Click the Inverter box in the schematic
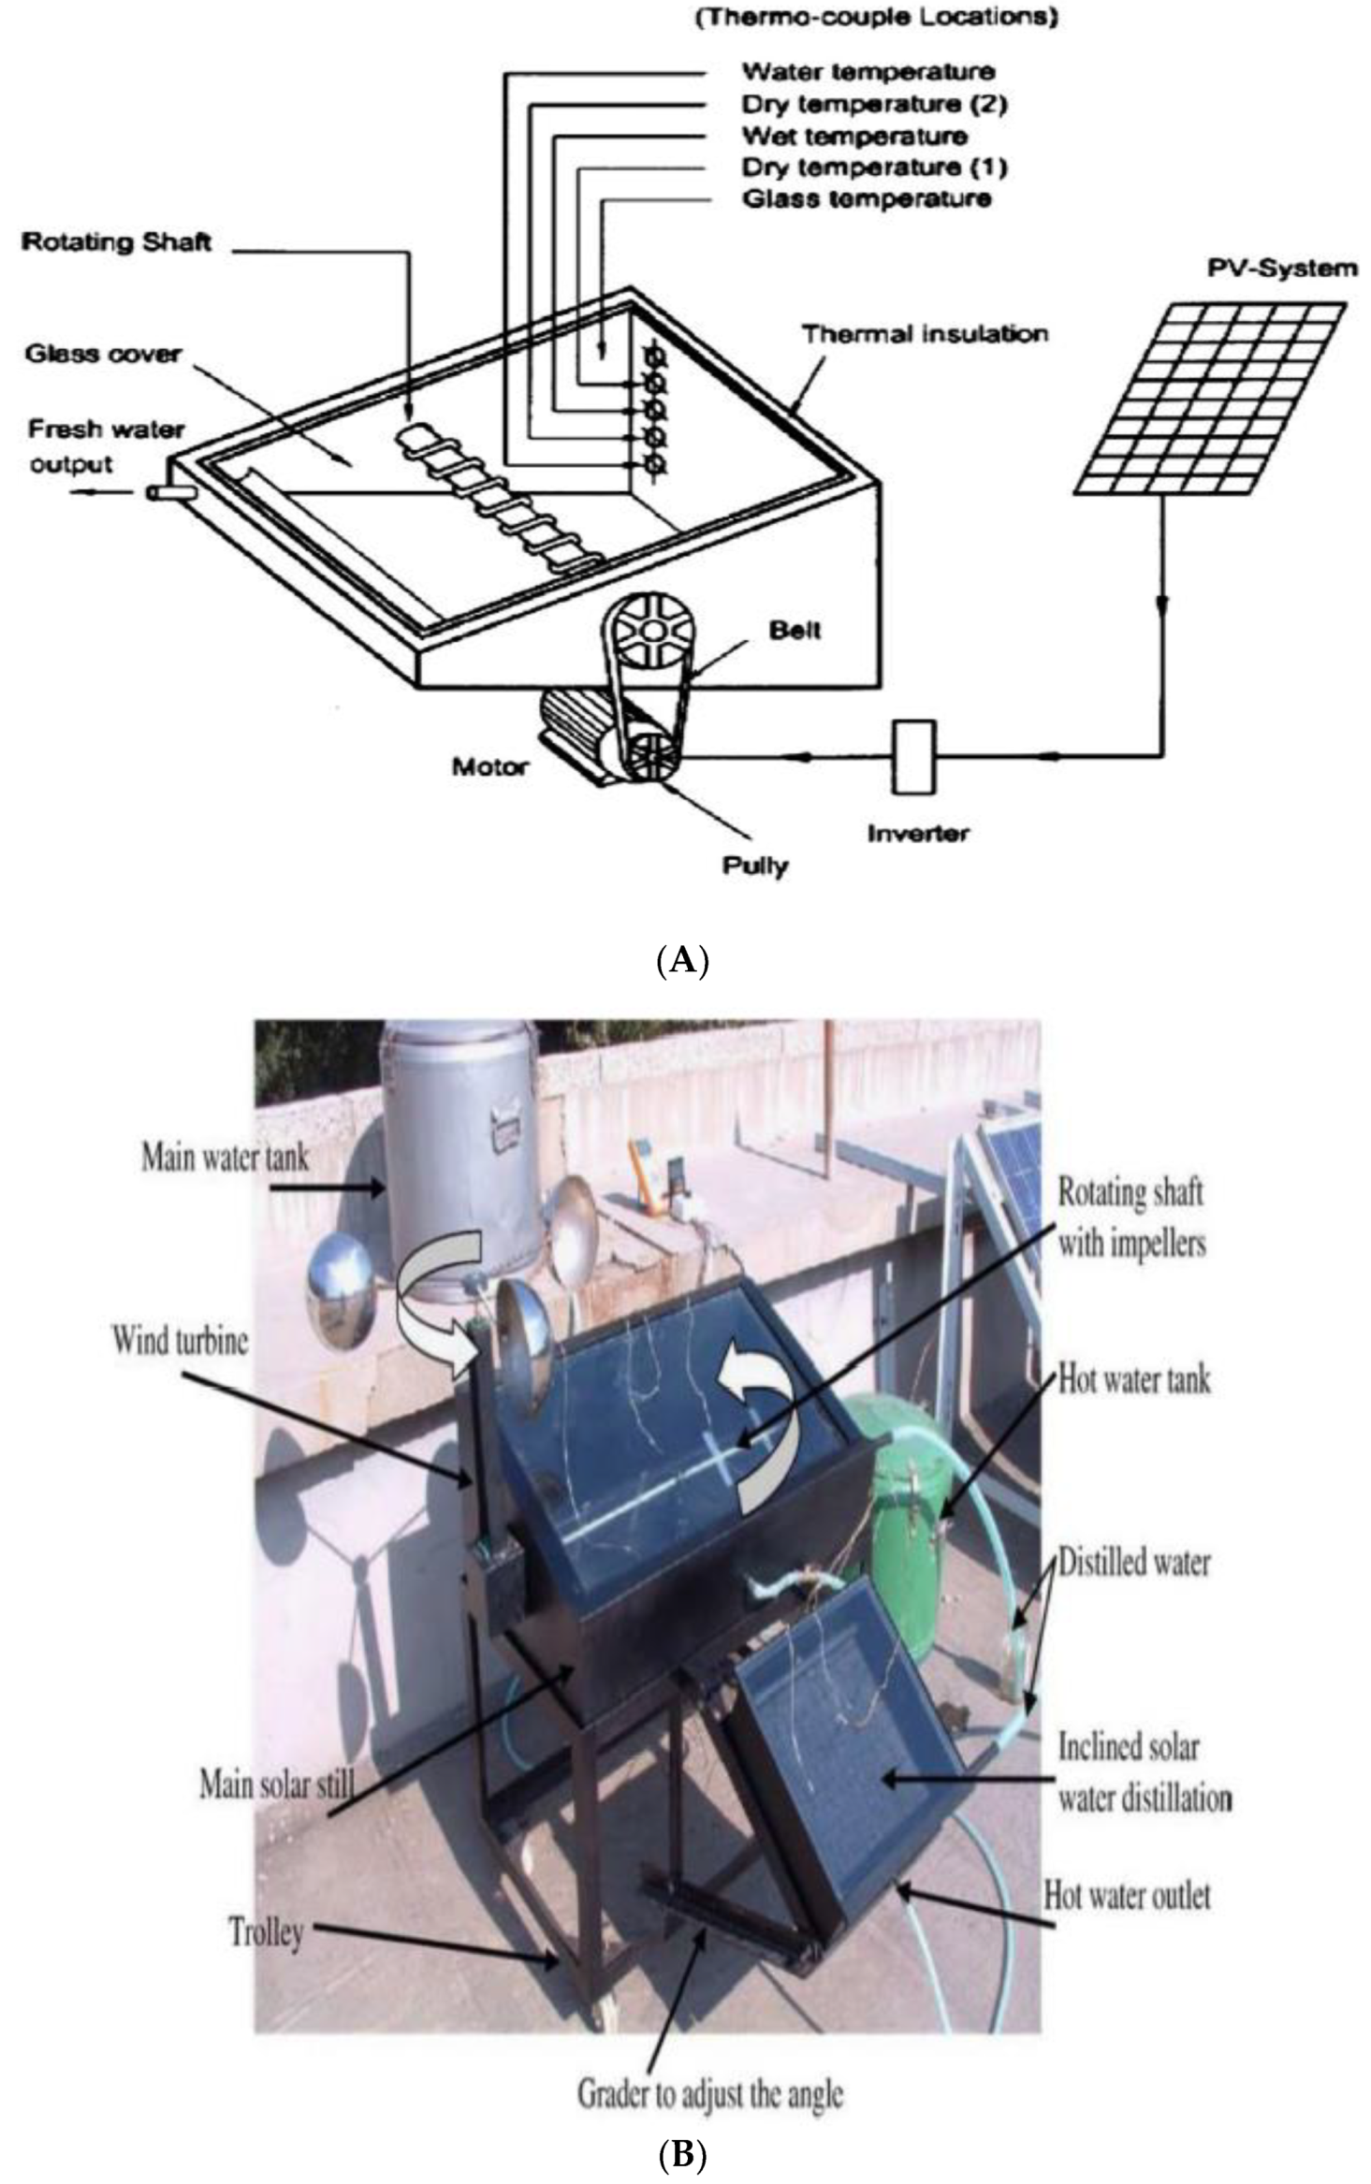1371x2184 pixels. point(912,756)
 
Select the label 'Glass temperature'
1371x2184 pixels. point(866,199)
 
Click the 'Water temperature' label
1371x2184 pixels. point(868,72)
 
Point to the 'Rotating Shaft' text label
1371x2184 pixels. point(116,242)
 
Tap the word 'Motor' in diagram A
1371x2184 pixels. point(489,767)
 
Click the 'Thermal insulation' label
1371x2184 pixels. point(925,334)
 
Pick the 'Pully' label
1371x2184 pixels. point(754,866)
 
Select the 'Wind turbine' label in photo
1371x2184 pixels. point(180,1341)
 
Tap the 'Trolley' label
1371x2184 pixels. point(267,1931)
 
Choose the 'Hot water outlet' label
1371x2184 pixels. point(1127,1896)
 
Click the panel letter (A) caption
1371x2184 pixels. point(683,961)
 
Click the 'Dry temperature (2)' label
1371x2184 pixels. point(874,104)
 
